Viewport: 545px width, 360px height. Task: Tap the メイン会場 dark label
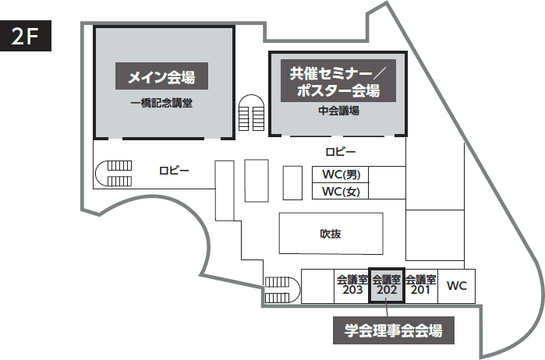162,77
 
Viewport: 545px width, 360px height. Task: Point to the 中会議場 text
338,111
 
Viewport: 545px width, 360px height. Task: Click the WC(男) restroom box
341,175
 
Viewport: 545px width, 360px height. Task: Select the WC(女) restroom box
341,192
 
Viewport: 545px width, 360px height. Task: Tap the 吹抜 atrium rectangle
331,233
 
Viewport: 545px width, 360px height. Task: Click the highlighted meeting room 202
387,286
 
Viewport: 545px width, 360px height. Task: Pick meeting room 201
421,286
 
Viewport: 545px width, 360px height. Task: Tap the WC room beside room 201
457,286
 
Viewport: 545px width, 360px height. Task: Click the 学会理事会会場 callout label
393,330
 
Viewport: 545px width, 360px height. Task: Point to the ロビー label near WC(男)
341,151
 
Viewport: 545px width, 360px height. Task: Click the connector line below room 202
387,309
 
